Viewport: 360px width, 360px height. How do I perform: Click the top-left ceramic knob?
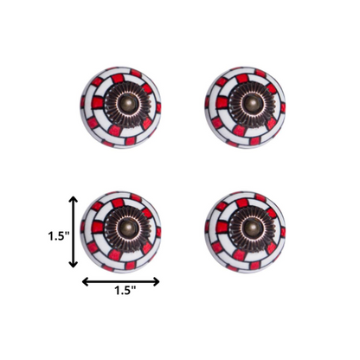pyautogui.click(x=120, y=109)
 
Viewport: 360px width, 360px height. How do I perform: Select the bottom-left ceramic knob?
pyautogui.click(x=121, y=229)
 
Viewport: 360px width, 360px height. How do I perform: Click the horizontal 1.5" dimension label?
pyautogui.click(x=122, y=292)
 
